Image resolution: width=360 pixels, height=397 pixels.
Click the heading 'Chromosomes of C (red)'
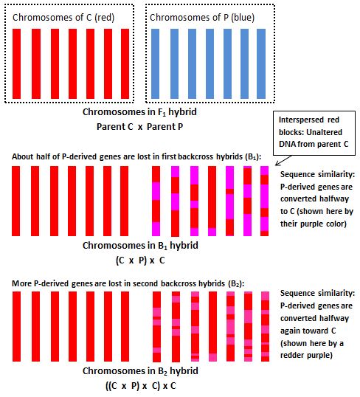tap(63, 18)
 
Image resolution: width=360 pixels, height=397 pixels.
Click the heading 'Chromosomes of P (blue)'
tap(202, 18)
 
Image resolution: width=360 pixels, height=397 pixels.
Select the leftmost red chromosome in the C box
tap(17, 63)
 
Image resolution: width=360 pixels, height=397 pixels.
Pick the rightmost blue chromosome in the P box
tap(261, 63)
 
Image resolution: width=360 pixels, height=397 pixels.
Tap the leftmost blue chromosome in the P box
tap(155, 63)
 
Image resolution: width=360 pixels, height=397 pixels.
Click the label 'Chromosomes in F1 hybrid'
tap(139, 112)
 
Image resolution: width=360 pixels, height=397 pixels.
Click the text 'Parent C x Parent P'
tap(139, 126)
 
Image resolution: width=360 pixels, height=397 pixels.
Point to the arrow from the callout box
tap(283, 161)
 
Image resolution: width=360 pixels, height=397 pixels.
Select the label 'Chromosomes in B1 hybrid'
tap(140, 246)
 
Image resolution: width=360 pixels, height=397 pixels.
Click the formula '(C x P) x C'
tap(140, 260)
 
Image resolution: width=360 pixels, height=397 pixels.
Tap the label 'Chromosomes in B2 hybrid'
tap(140, 371)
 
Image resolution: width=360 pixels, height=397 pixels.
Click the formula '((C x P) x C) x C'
tap(140, 386)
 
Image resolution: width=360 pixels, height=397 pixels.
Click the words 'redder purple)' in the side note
tap(306, 355)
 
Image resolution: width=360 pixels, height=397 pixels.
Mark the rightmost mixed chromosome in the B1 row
tap(265, 201)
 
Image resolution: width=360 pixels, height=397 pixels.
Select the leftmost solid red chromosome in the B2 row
tap(16, 326)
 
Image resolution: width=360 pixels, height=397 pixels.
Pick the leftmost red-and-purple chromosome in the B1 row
tap(156, 201)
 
